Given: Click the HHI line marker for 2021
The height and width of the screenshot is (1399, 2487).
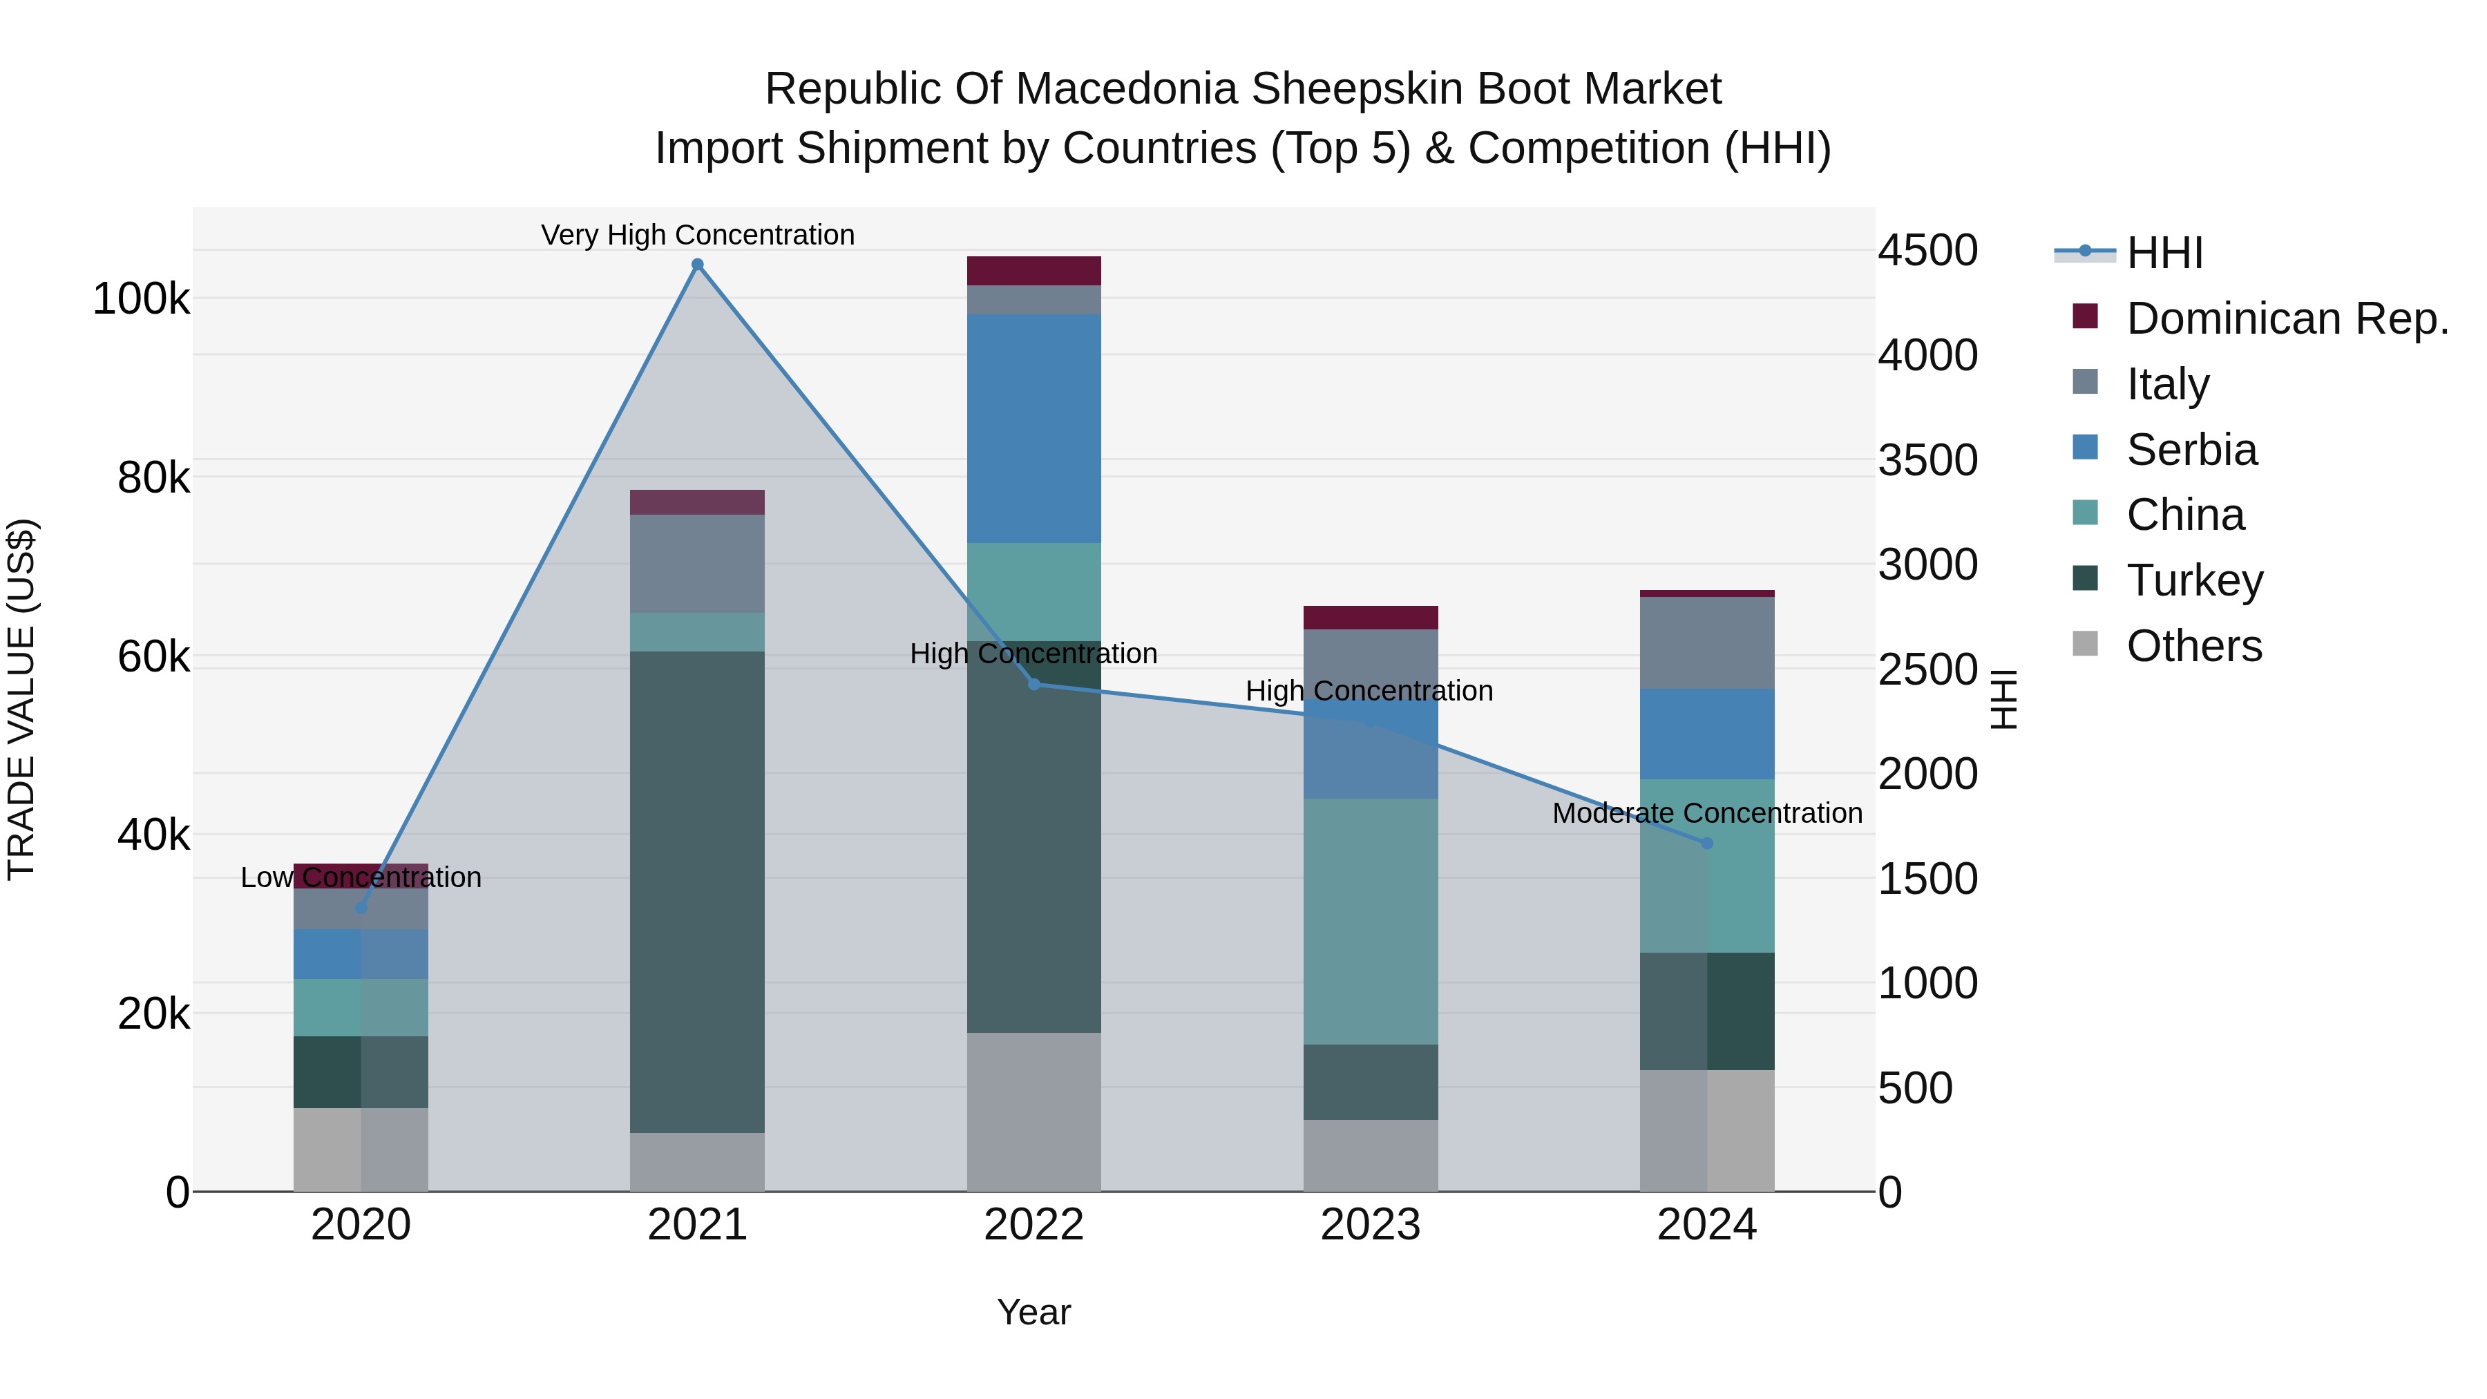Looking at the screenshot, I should tap(697, 265).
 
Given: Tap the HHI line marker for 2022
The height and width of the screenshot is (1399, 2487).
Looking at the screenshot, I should tap(1034, 685).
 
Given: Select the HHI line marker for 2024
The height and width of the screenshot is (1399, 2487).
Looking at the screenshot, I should tap(1707, 843).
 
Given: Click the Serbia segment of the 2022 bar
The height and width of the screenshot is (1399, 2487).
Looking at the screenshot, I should tap(1034, 428).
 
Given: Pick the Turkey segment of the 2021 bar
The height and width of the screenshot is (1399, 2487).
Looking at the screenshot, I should tap(697, 891).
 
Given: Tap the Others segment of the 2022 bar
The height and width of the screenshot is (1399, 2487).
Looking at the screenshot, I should tap(1034, 1112).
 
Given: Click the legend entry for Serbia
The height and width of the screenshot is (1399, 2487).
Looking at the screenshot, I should tap(2191, 450).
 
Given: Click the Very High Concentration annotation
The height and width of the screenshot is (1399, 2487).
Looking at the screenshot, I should tap(697, 235).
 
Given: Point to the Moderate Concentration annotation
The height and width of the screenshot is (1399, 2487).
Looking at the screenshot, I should tap(1707, 813).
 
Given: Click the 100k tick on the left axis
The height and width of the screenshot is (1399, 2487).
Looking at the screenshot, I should tap(141, 299).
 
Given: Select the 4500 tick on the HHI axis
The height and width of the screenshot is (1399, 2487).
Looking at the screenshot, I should tap(1927, 250).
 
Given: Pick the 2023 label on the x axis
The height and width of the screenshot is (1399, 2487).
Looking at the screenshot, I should tap(1370, 1225).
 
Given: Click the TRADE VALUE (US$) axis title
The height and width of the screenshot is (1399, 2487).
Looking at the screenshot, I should tap(21, 699).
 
